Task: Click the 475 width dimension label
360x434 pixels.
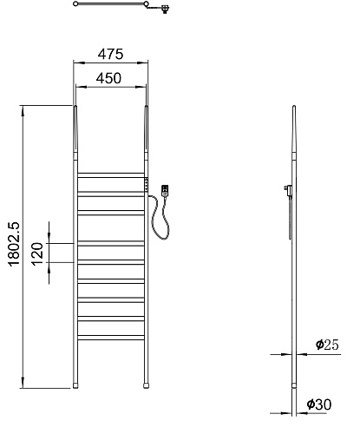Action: pos(110,54)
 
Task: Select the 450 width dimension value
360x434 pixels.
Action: pos(108,78)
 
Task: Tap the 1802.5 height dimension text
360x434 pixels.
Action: pos(14,244)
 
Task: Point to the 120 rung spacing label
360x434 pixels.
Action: pos(37,254)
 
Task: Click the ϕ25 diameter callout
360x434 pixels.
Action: pos(327,345)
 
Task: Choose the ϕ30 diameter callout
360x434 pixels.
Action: pos(319,404)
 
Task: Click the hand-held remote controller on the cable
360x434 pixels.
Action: pos(165,191)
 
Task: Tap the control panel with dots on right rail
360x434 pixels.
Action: pos(147,184)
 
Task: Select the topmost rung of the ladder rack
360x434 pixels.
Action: pos(111,175)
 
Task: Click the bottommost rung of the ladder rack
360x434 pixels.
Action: pos(111,338)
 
